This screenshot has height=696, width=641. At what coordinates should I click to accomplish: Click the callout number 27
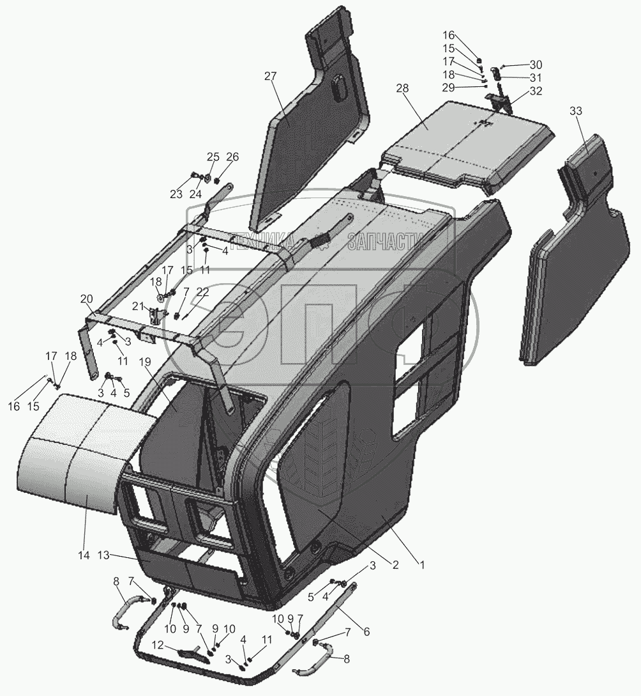coord(271,77)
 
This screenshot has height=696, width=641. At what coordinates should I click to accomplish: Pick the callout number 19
coord(145,362)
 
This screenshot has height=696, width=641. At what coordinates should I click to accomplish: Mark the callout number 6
coord(366,632)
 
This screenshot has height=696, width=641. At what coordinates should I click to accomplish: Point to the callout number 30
coord(536,65)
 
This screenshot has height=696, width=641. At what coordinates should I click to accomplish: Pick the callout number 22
coord(202,291)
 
